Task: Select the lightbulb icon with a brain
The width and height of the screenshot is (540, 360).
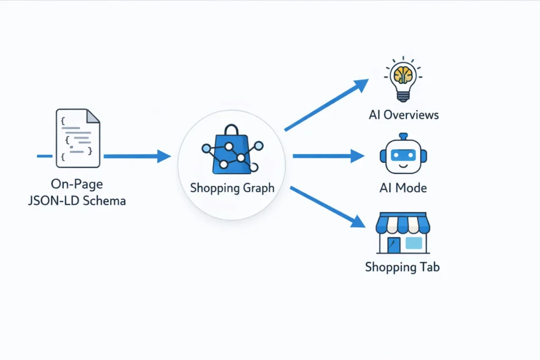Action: tap(403, 80)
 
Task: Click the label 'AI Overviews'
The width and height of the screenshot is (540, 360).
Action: tap(403, 114)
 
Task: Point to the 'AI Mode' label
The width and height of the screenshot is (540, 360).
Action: tap(403, 188)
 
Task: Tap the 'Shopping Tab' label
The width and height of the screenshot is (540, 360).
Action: tap(402, 267)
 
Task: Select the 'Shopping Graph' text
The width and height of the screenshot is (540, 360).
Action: tap(232, 188)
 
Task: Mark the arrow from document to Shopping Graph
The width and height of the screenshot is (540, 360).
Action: tap(137, 156)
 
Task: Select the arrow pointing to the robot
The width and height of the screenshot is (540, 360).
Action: tap(328, 156)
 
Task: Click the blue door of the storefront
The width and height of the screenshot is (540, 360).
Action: tap(393, 245)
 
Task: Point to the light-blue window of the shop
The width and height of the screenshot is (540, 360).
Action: tap(413, 243)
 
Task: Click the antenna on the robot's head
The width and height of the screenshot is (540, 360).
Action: tap(403, 137)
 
